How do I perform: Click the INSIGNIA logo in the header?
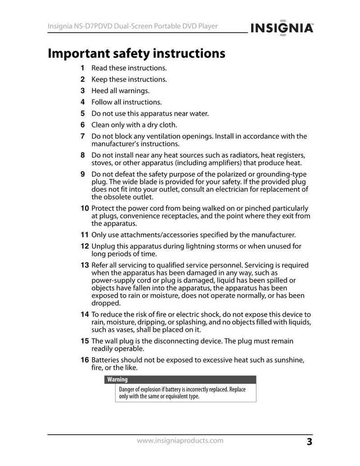282,28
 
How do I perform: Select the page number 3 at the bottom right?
309,442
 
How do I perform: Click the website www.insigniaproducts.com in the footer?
180,441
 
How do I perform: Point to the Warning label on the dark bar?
117,380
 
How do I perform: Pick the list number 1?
82,68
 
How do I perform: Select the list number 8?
82,155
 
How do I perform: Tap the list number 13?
84,265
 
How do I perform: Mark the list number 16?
84,360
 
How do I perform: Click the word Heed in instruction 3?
99,91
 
